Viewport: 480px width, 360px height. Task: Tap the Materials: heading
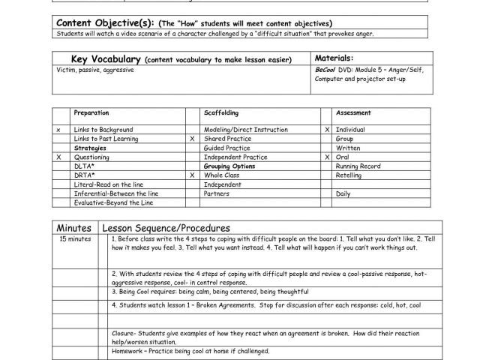334,58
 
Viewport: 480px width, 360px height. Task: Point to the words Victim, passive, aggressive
87,69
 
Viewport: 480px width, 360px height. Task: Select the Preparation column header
91,112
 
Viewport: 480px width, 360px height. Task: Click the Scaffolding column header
221,112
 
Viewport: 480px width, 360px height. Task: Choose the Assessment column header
352,112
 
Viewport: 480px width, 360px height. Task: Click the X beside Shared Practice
193,139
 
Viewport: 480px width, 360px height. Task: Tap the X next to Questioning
58,157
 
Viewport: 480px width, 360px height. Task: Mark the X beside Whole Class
193,175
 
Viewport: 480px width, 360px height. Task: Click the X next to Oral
327,157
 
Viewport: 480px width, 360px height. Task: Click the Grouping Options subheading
229,166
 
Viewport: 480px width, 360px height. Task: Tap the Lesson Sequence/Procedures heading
166,227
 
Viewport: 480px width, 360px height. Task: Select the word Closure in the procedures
123,332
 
